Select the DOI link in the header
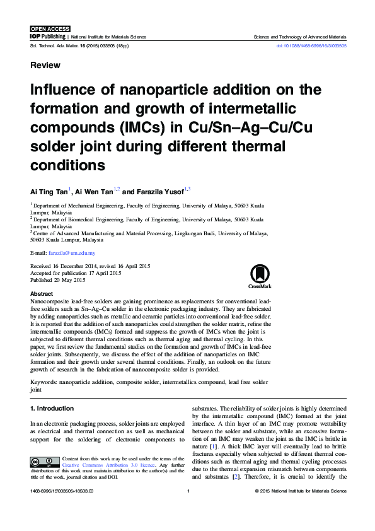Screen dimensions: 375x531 point(311,46)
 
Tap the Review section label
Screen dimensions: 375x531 point(45,66)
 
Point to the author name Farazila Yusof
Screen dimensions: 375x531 point(159,190)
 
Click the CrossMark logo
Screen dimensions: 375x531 point(259,276)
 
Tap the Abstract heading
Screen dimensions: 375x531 point(42,294)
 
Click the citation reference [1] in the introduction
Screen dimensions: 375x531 point(214,446)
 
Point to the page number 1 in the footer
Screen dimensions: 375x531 point(188,490)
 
